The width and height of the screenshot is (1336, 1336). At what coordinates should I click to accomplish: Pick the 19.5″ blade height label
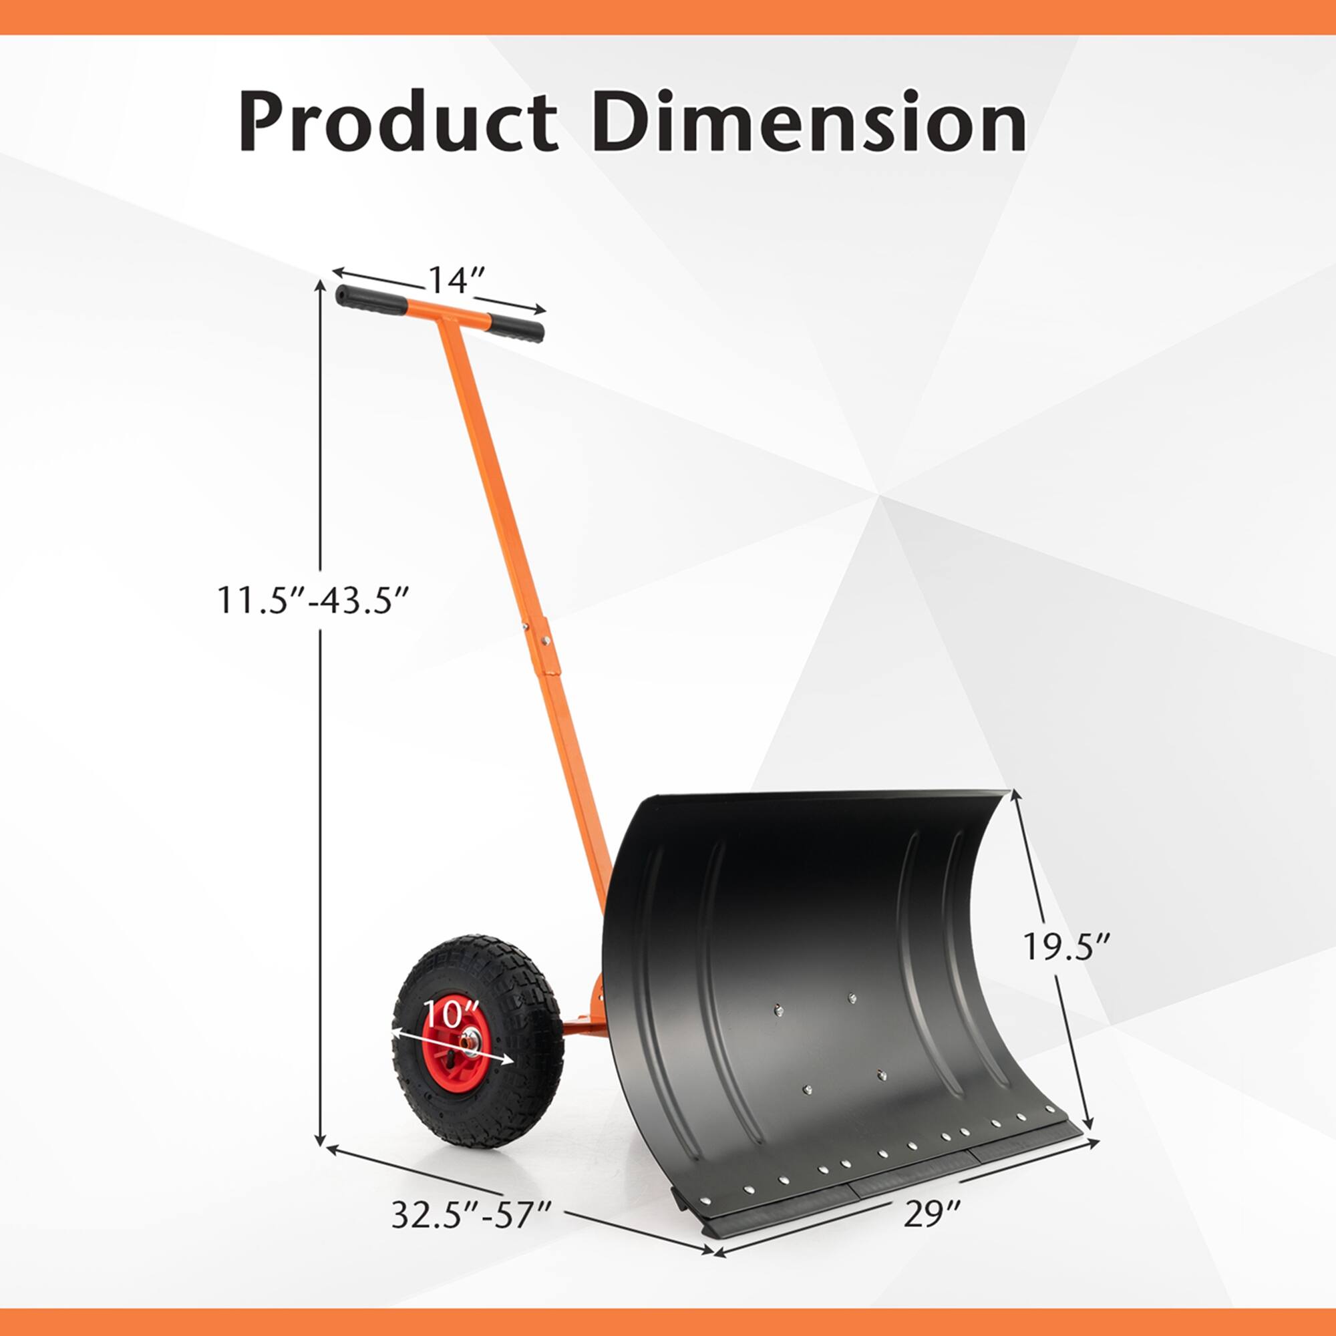tap(1066, 947)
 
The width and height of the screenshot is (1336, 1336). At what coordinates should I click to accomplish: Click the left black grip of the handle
tap(371, 299)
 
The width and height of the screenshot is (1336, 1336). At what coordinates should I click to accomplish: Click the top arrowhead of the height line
tap(320, 285)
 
